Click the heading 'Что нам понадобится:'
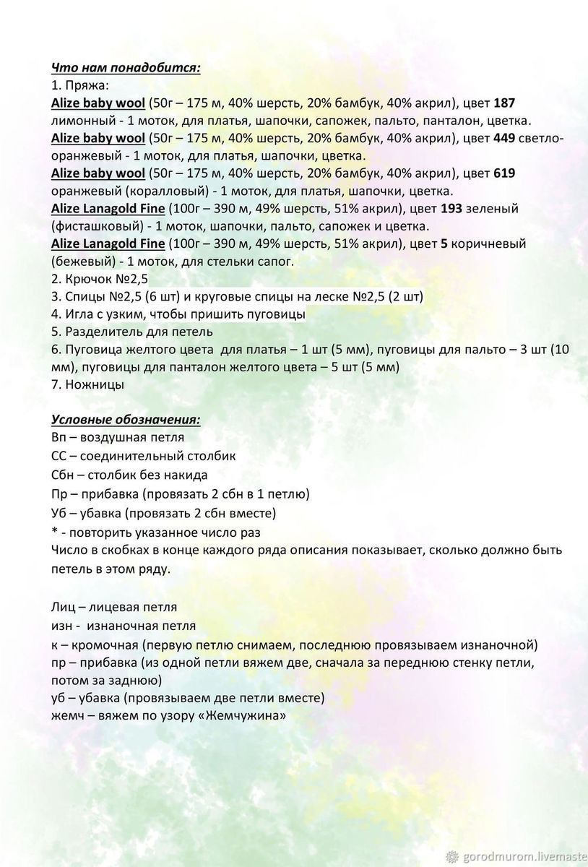tap(126, 68)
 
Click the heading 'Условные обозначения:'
tap(126, 420)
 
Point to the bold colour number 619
tap(503, 173)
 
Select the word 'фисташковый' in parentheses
tap(95, 226)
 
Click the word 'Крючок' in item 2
tap(86, 279)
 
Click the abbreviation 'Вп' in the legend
tap(61, 438)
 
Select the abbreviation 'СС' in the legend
tap(60, 456)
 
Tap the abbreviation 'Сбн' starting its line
tap(64, 475)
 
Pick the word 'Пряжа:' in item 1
tap(87, 85)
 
